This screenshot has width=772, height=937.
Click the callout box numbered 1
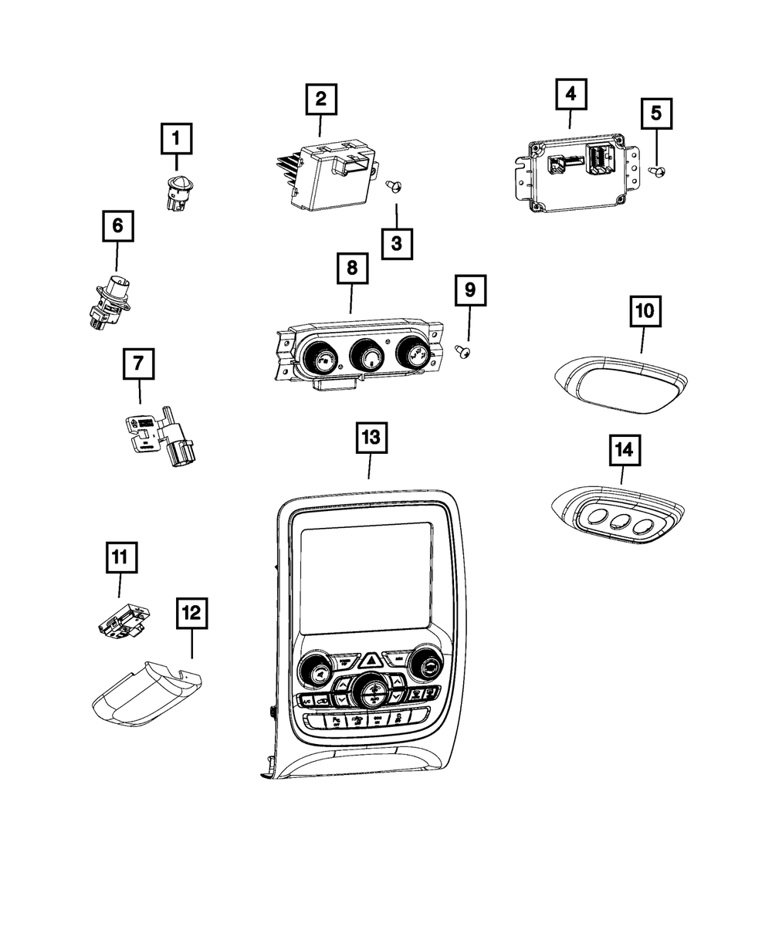pyautogui.click(x=175, y=140)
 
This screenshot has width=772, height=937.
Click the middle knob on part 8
pyautogui.click(x=369, y=357)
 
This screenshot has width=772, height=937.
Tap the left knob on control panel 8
pyautogui.click(x=319, y=357)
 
